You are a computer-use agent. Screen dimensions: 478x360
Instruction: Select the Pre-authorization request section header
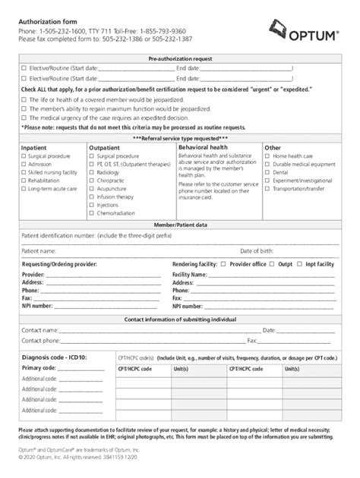click(179, 58)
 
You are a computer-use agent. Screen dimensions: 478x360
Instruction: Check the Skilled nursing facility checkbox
click(24, 173)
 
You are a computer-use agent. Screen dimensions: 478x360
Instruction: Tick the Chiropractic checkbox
click(92, 181)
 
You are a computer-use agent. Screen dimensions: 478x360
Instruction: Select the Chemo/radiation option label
click(115, 213)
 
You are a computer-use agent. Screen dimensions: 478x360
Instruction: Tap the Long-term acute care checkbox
click(24, 189)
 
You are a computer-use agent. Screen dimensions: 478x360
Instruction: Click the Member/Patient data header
click(179, 225)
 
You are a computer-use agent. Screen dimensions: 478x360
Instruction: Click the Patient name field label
click(38, 250)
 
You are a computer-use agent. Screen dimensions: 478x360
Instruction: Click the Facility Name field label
click(189, 274)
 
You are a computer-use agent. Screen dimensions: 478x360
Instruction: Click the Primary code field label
click(39, 368)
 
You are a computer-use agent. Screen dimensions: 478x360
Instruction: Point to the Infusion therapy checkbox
click(92, 197)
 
